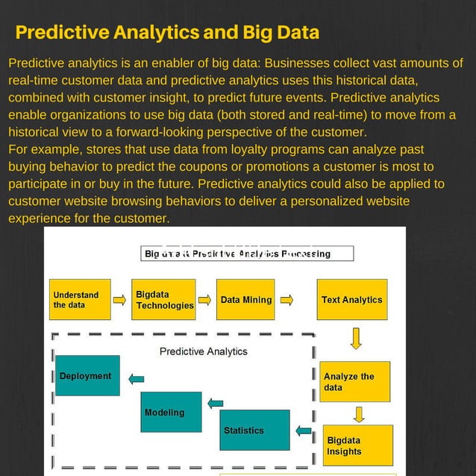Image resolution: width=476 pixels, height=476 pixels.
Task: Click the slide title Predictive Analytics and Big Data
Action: [x=167, y=33]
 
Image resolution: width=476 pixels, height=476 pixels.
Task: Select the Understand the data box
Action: [x=80, y=299]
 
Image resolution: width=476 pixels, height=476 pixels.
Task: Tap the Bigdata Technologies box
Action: [x=163, y=299]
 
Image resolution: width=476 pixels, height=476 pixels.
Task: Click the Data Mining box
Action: [x=245, y=299]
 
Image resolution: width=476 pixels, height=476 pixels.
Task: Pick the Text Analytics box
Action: [x=351, y=299]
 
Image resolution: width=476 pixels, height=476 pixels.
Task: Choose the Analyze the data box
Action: [x=354, y=381]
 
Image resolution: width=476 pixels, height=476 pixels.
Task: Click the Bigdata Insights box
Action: [x=357, y=445]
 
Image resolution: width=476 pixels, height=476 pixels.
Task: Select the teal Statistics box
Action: [x=255, y=430]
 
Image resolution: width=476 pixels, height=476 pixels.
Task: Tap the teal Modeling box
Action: [x=172, y=412]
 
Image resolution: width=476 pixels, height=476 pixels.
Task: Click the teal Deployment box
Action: [x=87, y=375]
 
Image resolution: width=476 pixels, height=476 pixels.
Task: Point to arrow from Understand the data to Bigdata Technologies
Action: [x=119, y=300]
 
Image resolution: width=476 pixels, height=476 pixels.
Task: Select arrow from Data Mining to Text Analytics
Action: [x=286, y=300]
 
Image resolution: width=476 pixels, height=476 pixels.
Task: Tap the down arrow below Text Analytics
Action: [x=356, y=338]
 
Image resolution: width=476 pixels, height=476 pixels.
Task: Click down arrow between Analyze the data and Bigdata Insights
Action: [x=359, y=413]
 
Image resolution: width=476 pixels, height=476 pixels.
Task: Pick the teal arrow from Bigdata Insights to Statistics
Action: [x=304, y=430]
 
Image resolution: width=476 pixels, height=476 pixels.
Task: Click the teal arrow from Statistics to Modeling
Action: [x=215, y=404]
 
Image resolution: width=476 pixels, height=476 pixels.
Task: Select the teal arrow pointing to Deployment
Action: [x=136, y=379]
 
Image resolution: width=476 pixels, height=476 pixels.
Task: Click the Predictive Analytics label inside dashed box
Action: [x=203, y=351]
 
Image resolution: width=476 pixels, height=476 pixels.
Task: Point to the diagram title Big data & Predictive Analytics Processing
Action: [x=237, y=254]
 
